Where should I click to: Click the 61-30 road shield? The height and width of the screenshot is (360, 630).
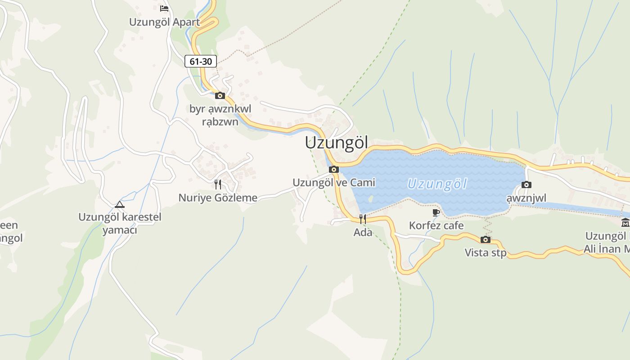point(201,61)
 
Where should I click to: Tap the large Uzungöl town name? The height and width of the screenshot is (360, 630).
point(336,143)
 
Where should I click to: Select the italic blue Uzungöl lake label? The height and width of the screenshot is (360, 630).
point(437,184)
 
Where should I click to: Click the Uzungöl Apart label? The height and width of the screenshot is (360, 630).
point(164,22)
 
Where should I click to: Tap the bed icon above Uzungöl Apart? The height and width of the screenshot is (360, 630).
point(164,8)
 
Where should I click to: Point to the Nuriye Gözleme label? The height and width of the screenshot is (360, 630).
point(218,198)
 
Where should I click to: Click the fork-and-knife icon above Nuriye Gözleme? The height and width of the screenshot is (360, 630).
point(218,184)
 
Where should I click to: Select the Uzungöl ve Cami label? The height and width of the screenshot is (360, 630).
point(334,183)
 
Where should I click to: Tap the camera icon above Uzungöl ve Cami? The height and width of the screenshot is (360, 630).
point(334,170)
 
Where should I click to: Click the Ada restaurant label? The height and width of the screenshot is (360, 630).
point(363,233)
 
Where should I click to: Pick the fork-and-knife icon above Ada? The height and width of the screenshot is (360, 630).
point(363,219)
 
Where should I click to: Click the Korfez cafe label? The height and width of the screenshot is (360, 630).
point(436,225)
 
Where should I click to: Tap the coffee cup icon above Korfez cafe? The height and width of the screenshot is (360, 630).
point(436,212)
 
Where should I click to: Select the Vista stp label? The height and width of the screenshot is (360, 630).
point(486,252)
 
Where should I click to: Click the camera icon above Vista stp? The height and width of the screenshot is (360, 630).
point(486,239)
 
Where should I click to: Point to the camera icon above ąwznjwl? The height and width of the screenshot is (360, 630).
point(526,184)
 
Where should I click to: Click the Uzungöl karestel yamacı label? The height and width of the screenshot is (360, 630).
point(120,223)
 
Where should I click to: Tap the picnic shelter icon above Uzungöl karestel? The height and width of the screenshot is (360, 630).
point(119,204)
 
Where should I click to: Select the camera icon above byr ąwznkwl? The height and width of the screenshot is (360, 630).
point(220,95)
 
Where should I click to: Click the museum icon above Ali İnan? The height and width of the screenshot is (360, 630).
point(625,222)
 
